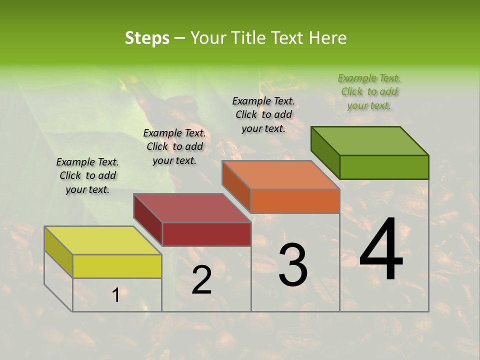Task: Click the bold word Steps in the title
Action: (x=147, y=38)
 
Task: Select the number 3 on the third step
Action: (x=293, y=265)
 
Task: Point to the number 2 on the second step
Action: (x=201, y=280)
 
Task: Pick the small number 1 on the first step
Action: (x=115, y=295)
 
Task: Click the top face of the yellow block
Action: (x=102, y=240)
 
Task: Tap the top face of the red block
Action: (x=192, y=208)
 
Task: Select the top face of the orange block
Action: (x=280, y=175)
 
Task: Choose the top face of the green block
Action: (x=369, y=141)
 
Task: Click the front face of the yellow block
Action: (x=117, y=266)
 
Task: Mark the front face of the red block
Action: (x=206, y=234)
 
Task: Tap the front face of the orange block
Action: (x=295, y=201)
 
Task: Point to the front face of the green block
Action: (x=384, y=167)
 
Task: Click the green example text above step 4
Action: (x=369, y=91)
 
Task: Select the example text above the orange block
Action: (x=263, y=114)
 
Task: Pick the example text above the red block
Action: (x=174, y=146)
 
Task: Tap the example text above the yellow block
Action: (x=87, y=175)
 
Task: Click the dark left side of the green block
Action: (x=325, y=152)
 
